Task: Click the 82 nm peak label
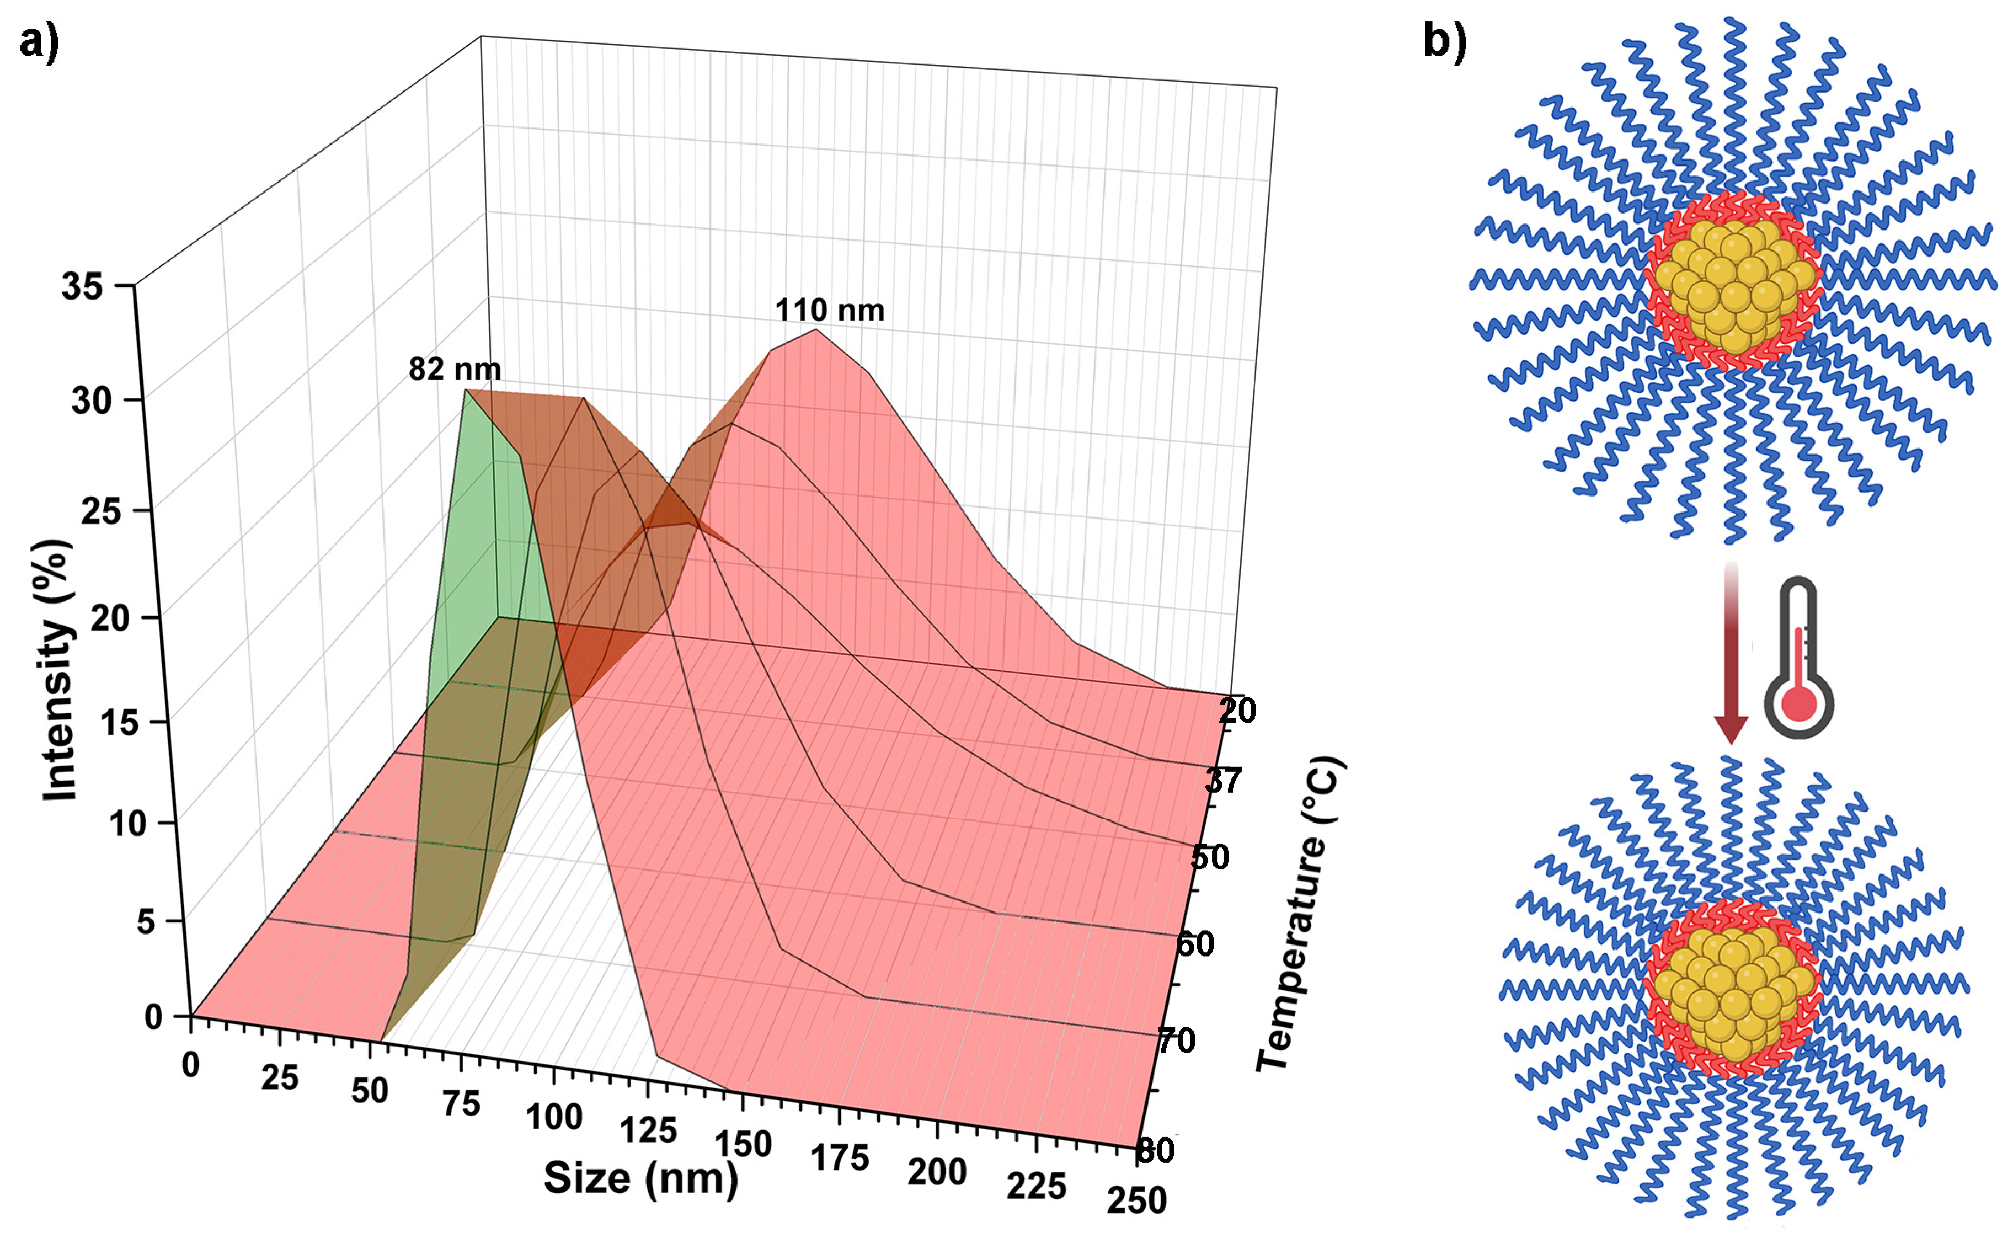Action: pos(455,369)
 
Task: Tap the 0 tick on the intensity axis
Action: pos(154,1017)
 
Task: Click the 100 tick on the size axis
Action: pos(553,1117)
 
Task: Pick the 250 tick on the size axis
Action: pos(1136,1200)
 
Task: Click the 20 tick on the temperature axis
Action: pos(1236,711)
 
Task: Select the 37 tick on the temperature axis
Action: pos(1223,781)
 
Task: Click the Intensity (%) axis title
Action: pos(59,670)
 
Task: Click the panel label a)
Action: pos(39,41)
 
